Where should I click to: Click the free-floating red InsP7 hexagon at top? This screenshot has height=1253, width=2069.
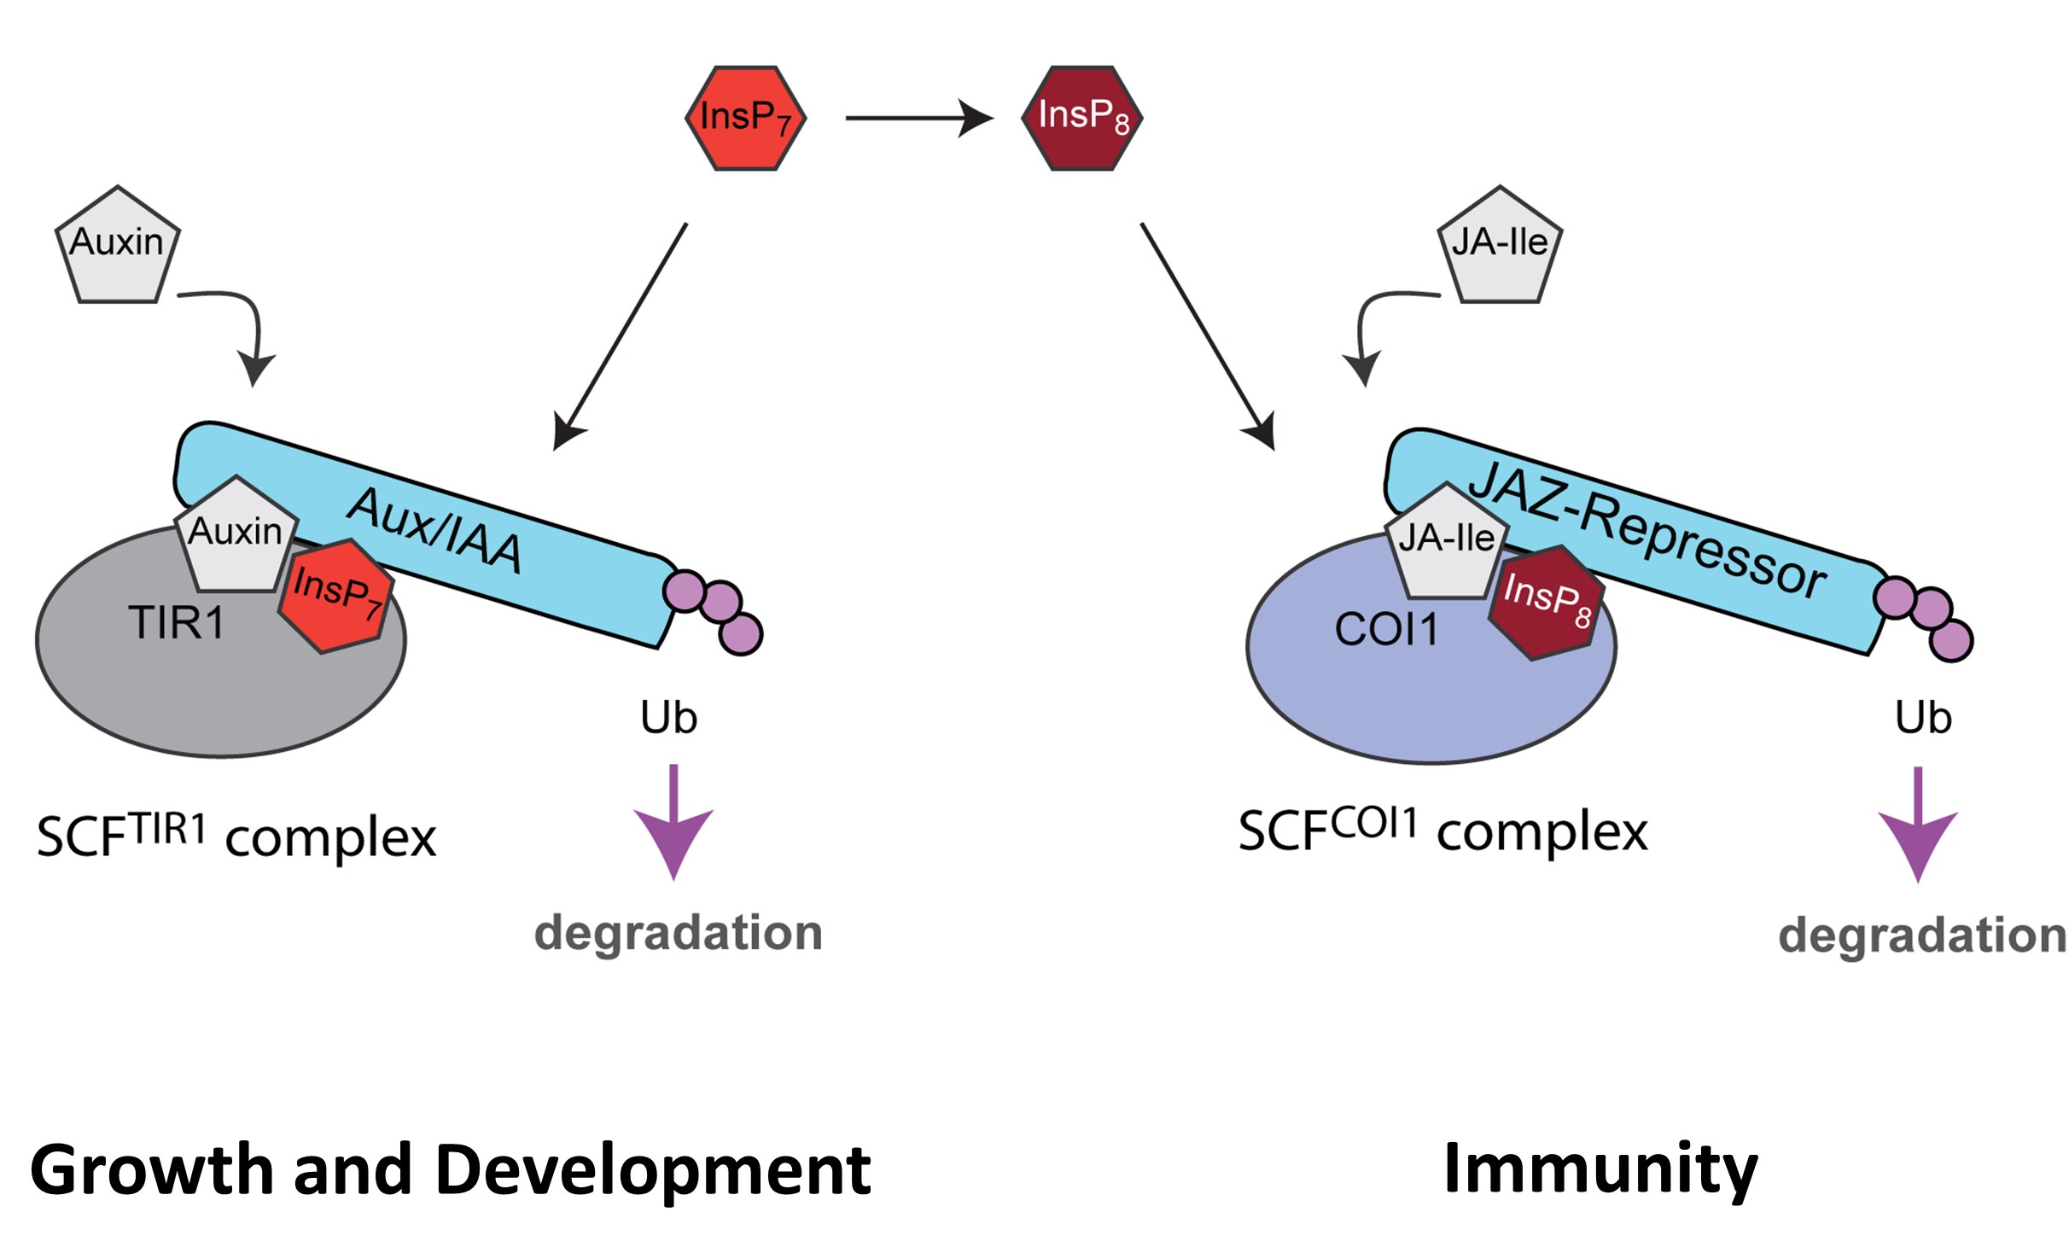point(745,118)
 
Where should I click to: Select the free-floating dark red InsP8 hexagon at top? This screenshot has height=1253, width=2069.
point(1081,118)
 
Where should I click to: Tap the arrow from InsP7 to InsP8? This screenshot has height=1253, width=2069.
point(918,118)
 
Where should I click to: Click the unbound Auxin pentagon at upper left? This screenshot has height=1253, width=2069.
point(118,246)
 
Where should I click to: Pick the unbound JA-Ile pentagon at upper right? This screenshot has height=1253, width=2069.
point(1500,246)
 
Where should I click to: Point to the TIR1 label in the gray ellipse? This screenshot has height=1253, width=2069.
point(177,622)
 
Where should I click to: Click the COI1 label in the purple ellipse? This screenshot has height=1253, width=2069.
point(1386,630)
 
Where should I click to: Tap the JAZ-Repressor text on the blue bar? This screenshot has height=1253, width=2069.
point(1647,529)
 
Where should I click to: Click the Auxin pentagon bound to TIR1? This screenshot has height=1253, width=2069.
point(236,536)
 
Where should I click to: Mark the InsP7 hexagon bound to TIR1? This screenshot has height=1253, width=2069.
point(336,595)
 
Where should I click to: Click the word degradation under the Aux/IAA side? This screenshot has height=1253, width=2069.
point(679,932)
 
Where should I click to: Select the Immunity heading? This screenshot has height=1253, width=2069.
point(1600,1168)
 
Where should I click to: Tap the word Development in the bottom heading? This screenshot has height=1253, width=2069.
point(653,1169)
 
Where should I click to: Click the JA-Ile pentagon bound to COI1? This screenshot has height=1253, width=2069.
point(1446,543)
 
